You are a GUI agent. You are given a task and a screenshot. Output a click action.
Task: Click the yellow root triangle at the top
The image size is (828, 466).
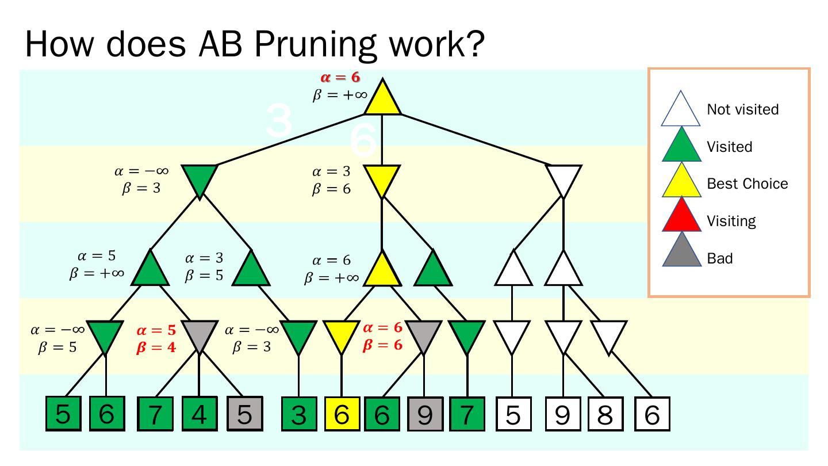coord(382,99)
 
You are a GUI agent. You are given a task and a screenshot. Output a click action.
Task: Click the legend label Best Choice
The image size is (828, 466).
coord(747,184)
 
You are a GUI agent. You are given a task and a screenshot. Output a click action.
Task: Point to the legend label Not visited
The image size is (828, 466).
coord(743,109)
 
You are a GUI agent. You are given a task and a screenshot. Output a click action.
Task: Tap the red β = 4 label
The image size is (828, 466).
coord(156,347)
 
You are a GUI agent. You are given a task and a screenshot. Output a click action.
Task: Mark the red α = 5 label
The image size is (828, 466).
coord(156,331)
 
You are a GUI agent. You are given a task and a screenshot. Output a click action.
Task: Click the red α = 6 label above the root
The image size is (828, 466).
coord(340,79)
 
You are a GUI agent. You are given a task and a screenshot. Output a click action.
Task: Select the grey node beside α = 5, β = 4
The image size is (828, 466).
coord(199,335)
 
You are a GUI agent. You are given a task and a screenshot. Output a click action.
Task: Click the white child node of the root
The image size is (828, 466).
coord(563,179)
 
